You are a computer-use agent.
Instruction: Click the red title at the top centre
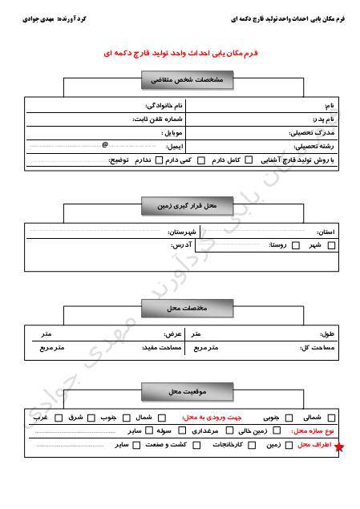pyautogui.click(x=180, y=53)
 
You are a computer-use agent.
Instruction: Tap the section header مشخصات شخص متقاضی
pyautogui.click(x=188, y=81)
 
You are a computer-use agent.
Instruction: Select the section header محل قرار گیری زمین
pyautogui.click(x=188, y=207)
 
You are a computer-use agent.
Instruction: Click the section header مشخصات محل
pyautogui.click(x=188, y=307)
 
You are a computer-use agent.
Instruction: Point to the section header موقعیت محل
pyautogui.click(x=188, y=390)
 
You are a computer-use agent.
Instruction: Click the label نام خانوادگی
pyautogui.click(x=164, y=106)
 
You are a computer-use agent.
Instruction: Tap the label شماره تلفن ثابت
pyautogui.click(x=158, y=119)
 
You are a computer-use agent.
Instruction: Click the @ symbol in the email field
pyautogui.click(x=105, y=146)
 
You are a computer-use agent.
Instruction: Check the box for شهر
pyautogui.click(x=331, y=245)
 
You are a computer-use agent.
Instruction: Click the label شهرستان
pyautogui.click(x=167, y=232)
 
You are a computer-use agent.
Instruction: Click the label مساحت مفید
pyautogui.click(x=161, y=348)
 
